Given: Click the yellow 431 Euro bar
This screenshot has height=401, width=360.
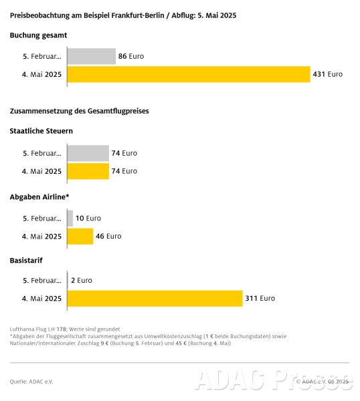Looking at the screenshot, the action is tap(189, 74).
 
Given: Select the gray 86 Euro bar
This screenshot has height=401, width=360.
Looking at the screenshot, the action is tap(92, 56).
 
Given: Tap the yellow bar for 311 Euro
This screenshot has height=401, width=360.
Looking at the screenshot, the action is tap(155, 299).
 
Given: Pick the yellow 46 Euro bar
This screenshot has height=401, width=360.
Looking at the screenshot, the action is tap(80, 237).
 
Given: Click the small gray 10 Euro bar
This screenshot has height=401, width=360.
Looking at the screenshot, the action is tap(70, 219).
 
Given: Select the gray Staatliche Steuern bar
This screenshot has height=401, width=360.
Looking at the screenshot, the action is tap(88, 153).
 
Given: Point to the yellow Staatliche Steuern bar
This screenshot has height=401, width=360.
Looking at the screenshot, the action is tap(88, 171).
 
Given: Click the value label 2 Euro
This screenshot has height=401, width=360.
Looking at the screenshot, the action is tap(82, 281).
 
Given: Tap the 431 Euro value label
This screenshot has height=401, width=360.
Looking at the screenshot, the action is tap(327, 74).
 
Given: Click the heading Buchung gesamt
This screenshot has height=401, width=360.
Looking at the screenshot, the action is tap(38, 35).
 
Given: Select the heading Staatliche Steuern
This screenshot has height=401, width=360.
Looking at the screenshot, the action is tap(41, 131).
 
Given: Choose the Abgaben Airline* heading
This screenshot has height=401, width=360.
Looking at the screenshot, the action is tap(39, 197).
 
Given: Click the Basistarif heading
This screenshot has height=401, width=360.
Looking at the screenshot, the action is tap(26, 261).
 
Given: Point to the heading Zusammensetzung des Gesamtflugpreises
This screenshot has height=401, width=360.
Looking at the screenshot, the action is tap(80, 111).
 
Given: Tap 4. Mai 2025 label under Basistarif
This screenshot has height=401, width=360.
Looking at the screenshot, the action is tap(41, 299).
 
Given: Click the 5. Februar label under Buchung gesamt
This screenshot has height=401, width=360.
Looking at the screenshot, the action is tap(42, 56).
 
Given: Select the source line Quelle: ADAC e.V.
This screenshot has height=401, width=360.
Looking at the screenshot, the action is tap(31, 382).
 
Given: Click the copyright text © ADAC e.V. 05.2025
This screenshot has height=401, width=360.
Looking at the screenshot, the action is tap(323, 382).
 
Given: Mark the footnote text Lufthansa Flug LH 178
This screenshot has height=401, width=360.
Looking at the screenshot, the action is tap(38, 329).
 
